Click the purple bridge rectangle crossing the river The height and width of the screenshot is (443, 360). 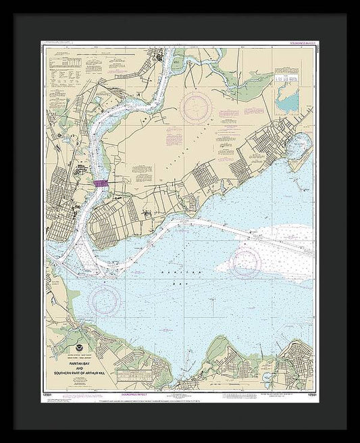click(x=101, y=183)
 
